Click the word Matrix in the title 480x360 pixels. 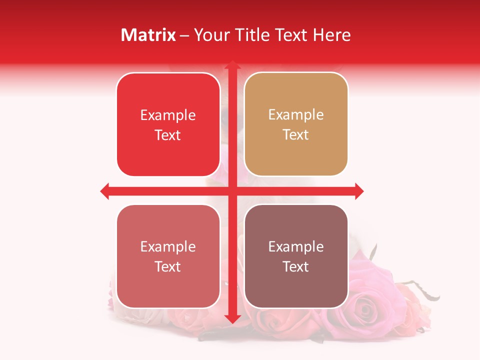(148, 35)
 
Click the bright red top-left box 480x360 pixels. (168, 125)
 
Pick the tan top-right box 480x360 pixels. (296, 124)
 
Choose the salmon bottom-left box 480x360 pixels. (168, 256)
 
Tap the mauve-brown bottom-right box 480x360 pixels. (296, 256)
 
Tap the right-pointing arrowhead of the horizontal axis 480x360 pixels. (359, 191)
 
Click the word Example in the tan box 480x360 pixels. (296, 114)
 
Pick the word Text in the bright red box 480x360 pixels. (168, 135)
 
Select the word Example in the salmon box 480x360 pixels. (168, 246)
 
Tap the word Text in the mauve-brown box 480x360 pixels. (296, 266)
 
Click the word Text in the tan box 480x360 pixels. (296, 134)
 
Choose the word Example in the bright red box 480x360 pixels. (168, 115)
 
